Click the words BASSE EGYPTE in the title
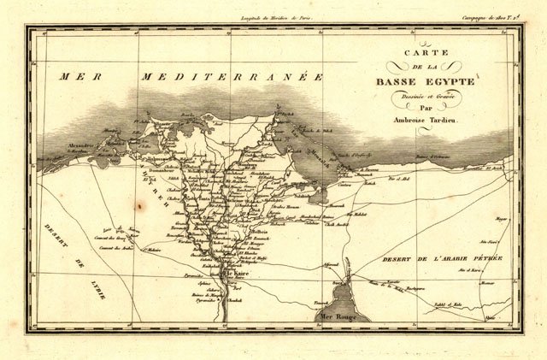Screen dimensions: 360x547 pos(424,82)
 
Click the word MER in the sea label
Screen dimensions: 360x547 pos(76,77)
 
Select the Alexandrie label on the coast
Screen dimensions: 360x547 pos(79,146)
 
